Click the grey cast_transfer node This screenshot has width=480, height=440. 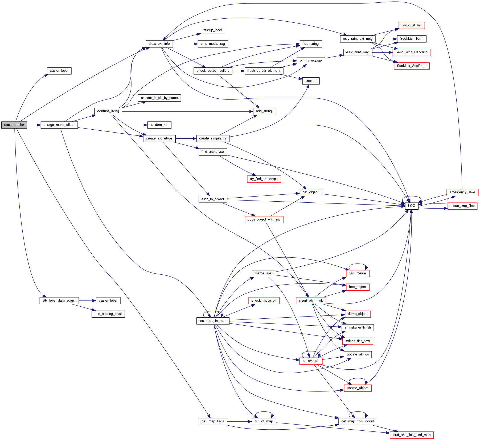[x=14, y=125]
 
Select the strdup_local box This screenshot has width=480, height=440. [x=213, y=30]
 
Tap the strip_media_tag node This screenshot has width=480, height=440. [x=213, y=44]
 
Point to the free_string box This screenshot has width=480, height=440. [x=310, y=44]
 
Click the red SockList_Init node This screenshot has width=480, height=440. [x=411, y=25]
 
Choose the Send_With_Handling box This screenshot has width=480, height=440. [x=411, y=52]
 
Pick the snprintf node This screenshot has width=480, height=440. [x=311, y=81]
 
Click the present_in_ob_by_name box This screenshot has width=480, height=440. [x=159, y=98]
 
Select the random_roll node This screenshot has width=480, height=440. [x=159, y=125]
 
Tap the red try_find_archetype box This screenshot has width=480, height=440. [x=264, y=179]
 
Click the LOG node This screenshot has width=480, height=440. [x=411, y=206]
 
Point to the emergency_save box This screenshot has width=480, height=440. [x=462, y=192]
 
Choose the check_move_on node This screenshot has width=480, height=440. [x=264, y=301]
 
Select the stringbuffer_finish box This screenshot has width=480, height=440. [x=358, y=327]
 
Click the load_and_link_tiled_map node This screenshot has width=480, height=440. [x=411, y=435]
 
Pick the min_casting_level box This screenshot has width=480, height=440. [x=108, y=314]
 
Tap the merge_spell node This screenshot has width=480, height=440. [x=264, y=273]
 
